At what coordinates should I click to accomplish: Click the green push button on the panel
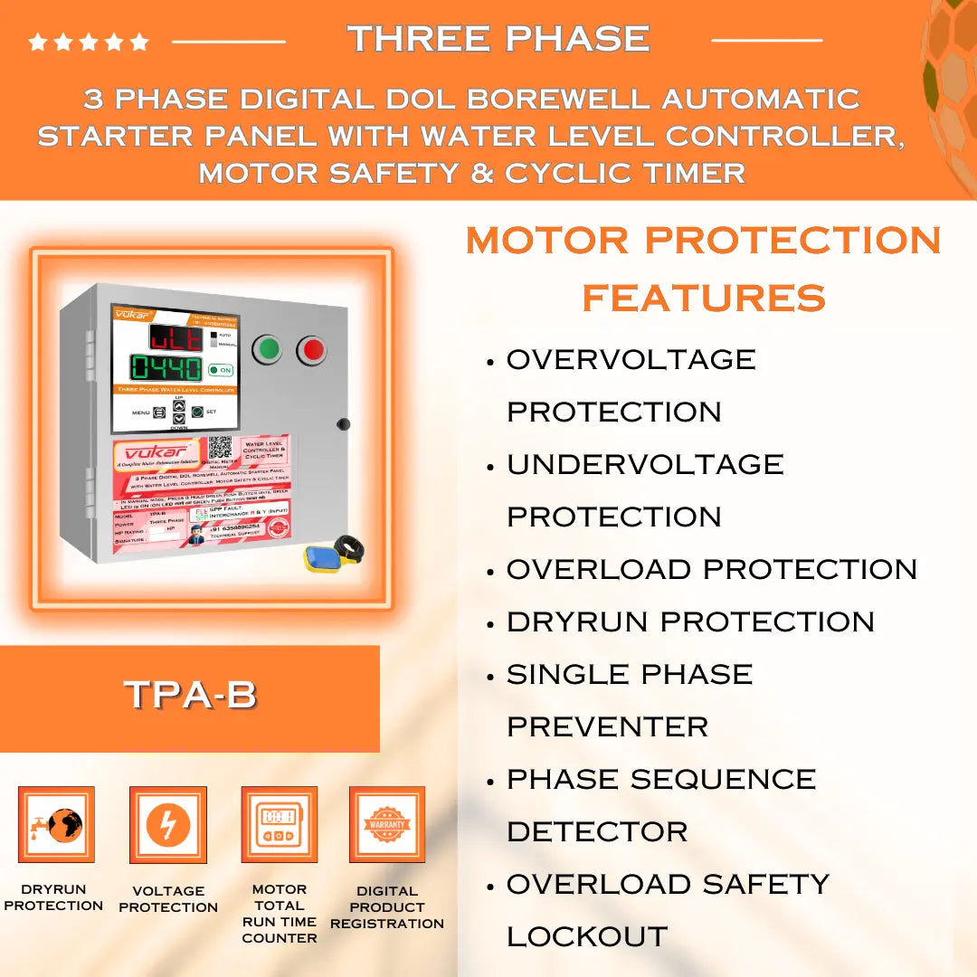(267, 348)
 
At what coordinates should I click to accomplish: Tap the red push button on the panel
(311, 349)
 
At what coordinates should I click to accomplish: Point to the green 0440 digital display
(166, 368)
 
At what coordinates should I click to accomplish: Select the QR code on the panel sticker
(220, 448)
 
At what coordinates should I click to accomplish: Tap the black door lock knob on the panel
(342, 423)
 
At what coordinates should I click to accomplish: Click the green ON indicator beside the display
(220, 370)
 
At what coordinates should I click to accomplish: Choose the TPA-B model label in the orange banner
(190, 695)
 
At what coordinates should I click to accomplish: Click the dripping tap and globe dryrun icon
(55, 824)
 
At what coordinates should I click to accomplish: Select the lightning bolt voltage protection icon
(167, 825)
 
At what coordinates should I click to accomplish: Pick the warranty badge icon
(387, 824)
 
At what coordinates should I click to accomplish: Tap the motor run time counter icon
(279, 824)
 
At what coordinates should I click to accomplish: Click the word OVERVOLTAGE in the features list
(631, 359)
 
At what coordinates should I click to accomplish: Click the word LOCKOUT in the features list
(586, 936)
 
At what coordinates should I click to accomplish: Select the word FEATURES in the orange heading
(704, 298)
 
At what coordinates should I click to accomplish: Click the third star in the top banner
(89, 42)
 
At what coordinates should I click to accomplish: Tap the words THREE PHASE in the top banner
(498, 38)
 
